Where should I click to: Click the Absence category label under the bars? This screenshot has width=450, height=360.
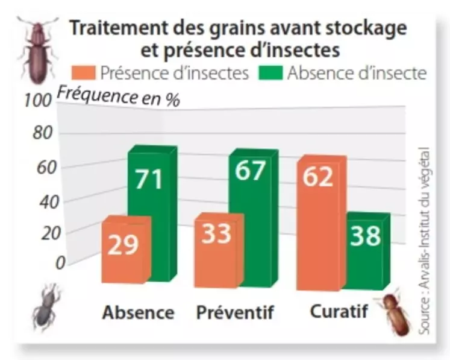(x=138, y=313)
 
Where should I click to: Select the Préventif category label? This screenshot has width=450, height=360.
(x=235, y=313)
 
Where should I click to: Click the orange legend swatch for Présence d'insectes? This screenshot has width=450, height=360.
(x=83, y=74)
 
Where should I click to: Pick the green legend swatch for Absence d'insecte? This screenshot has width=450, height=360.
(x=270, y=74)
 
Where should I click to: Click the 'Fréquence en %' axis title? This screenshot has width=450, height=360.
(x=118, y=96)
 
